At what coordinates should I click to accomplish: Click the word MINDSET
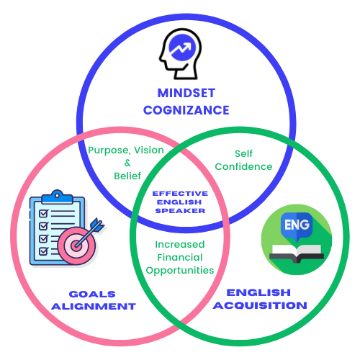click(x=186, y=93)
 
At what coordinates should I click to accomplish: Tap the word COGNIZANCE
click(x=186, y=110)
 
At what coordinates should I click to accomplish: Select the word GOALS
click(x=92, y=294)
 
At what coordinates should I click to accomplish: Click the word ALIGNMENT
click(x=94, y=307)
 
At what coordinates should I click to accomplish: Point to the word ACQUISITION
click(x=260, y=305)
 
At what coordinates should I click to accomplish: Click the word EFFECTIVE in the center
click(x=180, y=194)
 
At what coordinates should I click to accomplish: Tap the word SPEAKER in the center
click(x=180, y=211)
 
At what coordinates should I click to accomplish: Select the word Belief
click(x=127, y=176)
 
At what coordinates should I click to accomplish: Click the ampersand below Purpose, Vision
click(x=127, y=163)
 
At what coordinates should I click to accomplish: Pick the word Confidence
click(x=243, y=166)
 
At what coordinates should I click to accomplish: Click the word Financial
click(x=180, y=257)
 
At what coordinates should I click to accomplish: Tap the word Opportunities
click(x=180, y=271)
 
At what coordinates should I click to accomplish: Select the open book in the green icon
click(x=297, y=253)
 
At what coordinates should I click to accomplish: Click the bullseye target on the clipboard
click(x=77, y=246)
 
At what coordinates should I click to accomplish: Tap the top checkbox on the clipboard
click(x=44, y=213)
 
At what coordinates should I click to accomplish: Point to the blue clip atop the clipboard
click(x=57, y=197)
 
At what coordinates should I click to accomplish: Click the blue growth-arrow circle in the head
click(x=182, y=48)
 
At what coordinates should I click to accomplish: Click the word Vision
click(x=149, y=150)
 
